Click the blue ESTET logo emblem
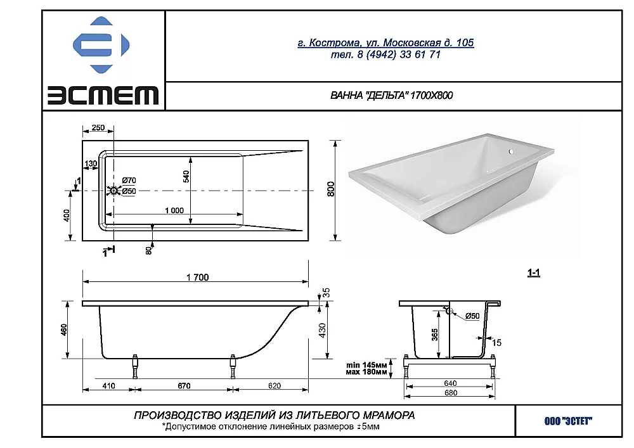(101, 45)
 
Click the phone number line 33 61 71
(385, 54)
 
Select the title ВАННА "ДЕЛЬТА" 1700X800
(391, 95)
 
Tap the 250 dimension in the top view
(98, 127)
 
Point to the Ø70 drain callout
(129, 180)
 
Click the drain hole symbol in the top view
(113, 190)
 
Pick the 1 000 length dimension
(174, 210)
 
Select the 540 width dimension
(186, 177)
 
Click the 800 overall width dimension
(331, 189)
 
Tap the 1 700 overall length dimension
(198, 278)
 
